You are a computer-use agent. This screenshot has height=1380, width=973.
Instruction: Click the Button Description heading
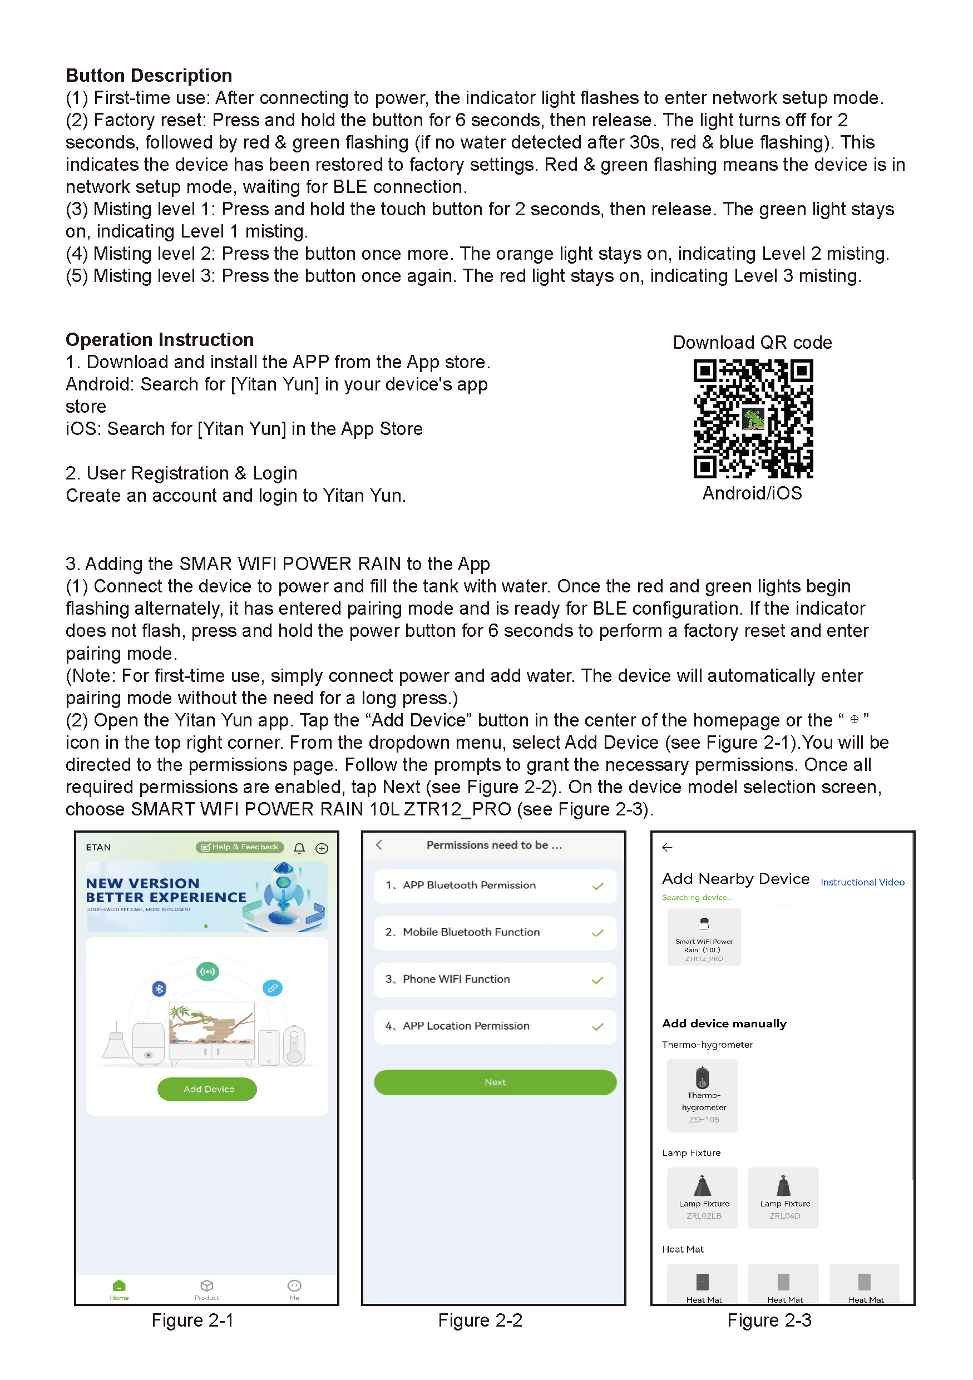coord(149,75)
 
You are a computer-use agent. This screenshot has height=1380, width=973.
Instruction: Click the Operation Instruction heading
coord(159,340)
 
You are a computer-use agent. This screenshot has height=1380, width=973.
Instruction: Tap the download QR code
coord(753,418)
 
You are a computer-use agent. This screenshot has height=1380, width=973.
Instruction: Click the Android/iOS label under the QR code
coord(752,493)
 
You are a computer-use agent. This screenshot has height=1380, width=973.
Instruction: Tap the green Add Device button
coord(208,1089)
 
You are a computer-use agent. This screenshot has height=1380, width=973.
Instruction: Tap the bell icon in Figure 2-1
coord(299,848)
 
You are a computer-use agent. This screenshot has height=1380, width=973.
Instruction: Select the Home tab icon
coord(119,1285)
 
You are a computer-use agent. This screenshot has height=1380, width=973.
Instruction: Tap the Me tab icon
coord(294,1285)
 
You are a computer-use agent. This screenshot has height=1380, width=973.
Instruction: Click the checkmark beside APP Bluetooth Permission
coord(597,886)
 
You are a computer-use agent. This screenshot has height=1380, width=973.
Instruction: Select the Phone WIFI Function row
coord(495,979)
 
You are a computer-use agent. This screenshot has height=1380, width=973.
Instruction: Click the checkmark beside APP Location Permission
coord(597,1027)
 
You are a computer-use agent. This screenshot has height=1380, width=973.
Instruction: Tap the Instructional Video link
coord(862,882)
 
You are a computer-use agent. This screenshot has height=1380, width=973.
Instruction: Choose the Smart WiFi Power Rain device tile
coord(704,937)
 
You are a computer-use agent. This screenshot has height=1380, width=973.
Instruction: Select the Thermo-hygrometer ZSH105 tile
coord(702,1095)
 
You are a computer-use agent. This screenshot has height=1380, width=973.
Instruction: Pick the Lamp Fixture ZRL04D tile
coord(783,1198)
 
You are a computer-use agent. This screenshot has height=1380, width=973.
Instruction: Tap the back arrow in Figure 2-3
coord(667,847)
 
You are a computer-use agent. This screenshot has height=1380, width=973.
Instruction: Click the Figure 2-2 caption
coord(480,1320)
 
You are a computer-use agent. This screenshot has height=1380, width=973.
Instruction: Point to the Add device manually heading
coord(724,1023)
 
